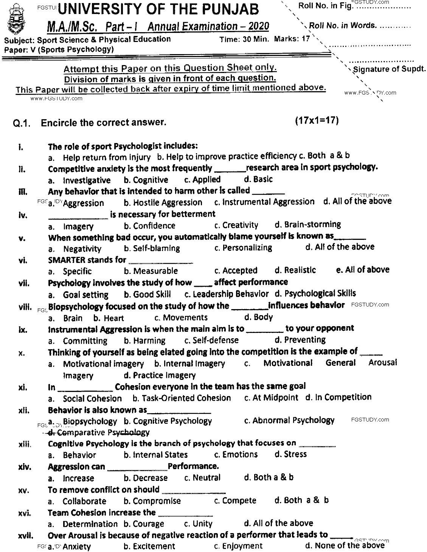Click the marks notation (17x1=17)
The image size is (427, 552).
coord(316,121)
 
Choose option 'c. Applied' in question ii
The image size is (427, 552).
coord(202,179)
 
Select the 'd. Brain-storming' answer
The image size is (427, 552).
coord(307,225)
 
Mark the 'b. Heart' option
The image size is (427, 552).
coord(109,318)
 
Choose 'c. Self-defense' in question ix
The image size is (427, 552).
coord(211,340)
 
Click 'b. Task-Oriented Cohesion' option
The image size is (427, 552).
coord(182,398)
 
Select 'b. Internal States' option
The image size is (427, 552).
coord(155,455)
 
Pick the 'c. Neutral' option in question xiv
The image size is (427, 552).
coord(202,477)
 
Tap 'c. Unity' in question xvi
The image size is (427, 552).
coord(198,524)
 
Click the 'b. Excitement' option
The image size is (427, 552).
coord(149,546)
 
